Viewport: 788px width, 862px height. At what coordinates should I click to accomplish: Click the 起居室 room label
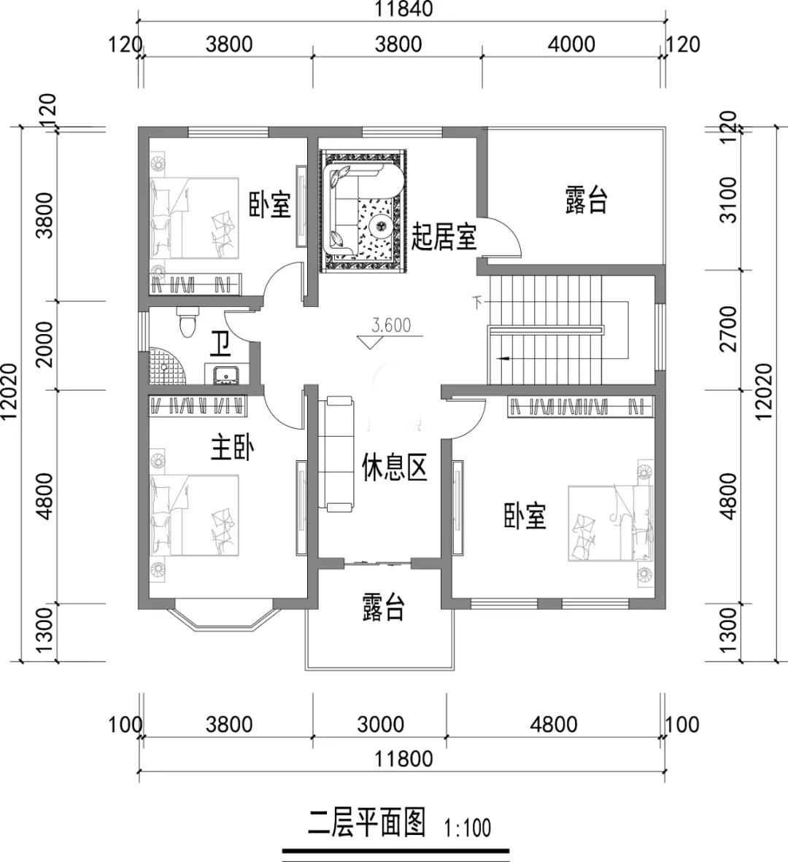tap(444, 237)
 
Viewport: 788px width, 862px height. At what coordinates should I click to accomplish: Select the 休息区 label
tap(394, 468)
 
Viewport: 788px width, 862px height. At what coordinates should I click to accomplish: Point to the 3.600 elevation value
tap(391, 325)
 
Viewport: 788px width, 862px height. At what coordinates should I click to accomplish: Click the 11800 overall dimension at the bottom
tap(404, 759)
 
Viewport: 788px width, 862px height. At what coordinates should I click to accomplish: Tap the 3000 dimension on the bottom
tap(381, 725)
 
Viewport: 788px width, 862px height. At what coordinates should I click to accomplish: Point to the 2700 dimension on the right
tap(729, 330)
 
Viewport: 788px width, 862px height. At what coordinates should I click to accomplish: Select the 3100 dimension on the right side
tap(729, 200)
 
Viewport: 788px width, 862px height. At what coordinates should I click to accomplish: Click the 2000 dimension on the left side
tap(45, 344)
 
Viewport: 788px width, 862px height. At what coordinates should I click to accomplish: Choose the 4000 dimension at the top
tap(572, 44)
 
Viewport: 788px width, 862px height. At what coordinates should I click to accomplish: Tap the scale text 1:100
tap(468, 827)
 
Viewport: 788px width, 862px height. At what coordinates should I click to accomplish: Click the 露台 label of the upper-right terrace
tap(586, 200)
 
